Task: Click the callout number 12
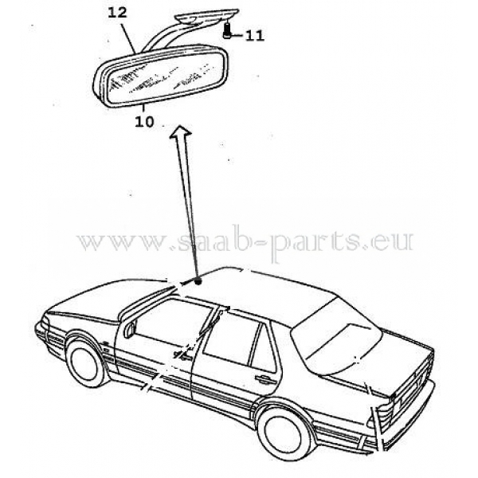(x=116, y=14)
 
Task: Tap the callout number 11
(x=254, y=34)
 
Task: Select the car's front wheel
(x=86, y=361)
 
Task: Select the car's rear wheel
(x=284, y=431)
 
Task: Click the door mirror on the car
(x=129, y=326)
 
